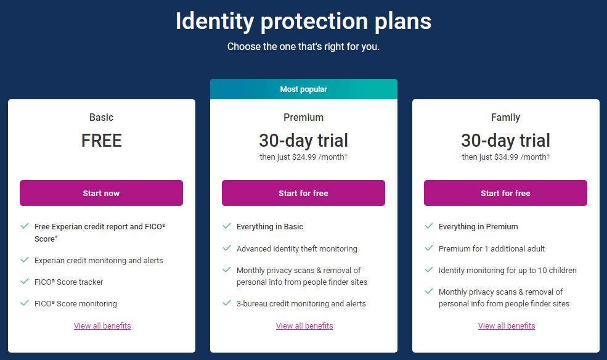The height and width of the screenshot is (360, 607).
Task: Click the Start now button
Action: [x=101, y=193]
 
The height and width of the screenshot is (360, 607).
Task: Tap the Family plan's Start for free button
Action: [x=505, y=193]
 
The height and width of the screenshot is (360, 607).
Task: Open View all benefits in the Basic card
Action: [x=102, y=326]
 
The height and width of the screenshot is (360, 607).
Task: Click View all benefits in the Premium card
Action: [x=304, y=326]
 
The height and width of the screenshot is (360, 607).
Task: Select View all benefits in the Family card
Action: [x=507, y=326]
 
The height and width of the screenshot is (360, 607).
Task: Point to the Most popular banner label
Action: [x=303, y=89]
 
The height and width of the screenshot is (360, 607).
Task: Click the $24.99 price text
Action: [x=304, y=157]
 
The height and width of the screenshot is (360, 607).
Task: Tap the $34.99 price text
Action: [x=506, y=157]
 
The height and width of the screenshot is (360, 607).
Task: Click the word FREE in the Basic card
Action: [x=102, y=141]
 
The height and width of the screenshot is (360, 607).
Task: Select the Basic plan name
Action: [x=102, y=117]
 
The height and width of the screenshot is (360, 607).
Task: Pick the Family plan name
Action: [x=505, y=117]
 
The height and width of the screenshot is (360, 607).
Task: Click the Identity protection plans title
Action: [x=303, y=21]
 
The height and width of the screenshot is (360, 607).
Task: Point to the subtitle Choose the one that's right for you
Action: [x=303, y=46]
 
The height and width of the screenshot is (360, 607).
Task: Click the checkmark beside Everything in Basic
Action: [x=227, y=226]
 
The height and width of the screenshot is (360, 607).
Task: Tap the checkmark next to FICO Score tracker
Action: [x=25, y=282]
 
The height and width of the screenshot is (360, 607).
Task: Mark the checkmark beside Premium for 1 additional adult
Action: [x=429, y=248]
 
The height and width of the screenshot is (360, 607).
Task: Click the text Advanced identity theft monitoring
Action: [x=297, y=248]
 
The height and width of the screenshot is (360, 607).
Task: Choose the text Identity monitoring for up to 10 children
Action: [x=508, y=270]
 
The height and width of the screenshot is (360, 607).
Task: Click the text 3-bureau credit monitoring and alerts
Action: [x=301, y=303]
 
